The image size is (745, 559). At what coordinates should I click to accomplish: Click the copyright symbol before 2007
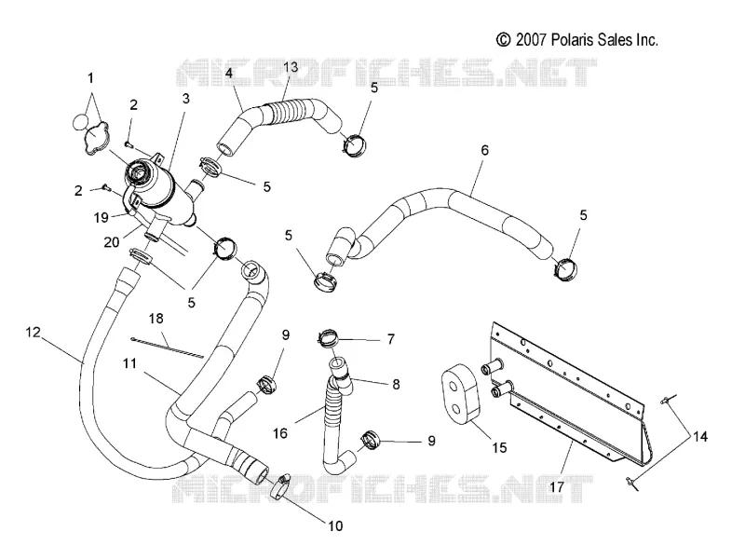[503, 40]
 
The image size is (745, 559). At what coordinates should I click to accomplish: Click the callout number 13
[291, 67]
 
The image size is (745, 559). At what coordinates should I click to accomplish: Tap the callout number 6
[484, 150]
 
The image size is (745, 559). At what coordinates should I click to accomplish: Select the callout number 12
[33, 332]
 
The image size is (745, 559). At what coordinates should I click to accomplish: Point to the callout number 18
[156, 319]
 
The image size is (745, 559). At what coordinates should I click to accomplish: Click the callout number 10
[335, 525]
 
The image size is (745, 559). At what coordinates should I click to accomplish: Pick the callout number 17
[556, 487]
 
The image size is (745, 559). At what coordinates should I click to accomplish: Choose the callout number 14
[700, 436]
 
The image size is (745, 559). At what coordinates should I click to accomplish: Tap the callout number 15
[499, 447]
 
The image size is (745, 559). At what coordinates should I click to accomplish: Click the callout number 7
[390, 339]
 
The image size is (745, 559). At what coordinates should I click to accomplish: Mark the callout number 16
[280, 433]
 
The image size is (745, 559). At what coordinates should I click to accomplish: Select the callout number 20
[112, 242]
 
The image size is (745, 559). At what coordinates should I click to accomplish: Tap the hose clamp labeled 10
[282, 487]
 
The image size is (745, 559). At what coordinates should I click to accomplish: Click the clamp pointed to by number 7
[328, 337]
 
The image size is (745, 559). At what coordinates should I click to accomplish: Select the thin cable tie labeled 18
[167, 348]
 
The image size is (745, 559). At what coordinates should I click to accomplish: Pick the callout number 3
[185, 99]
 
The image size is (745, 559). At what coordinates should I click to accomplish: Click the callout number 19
[102, 218]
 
